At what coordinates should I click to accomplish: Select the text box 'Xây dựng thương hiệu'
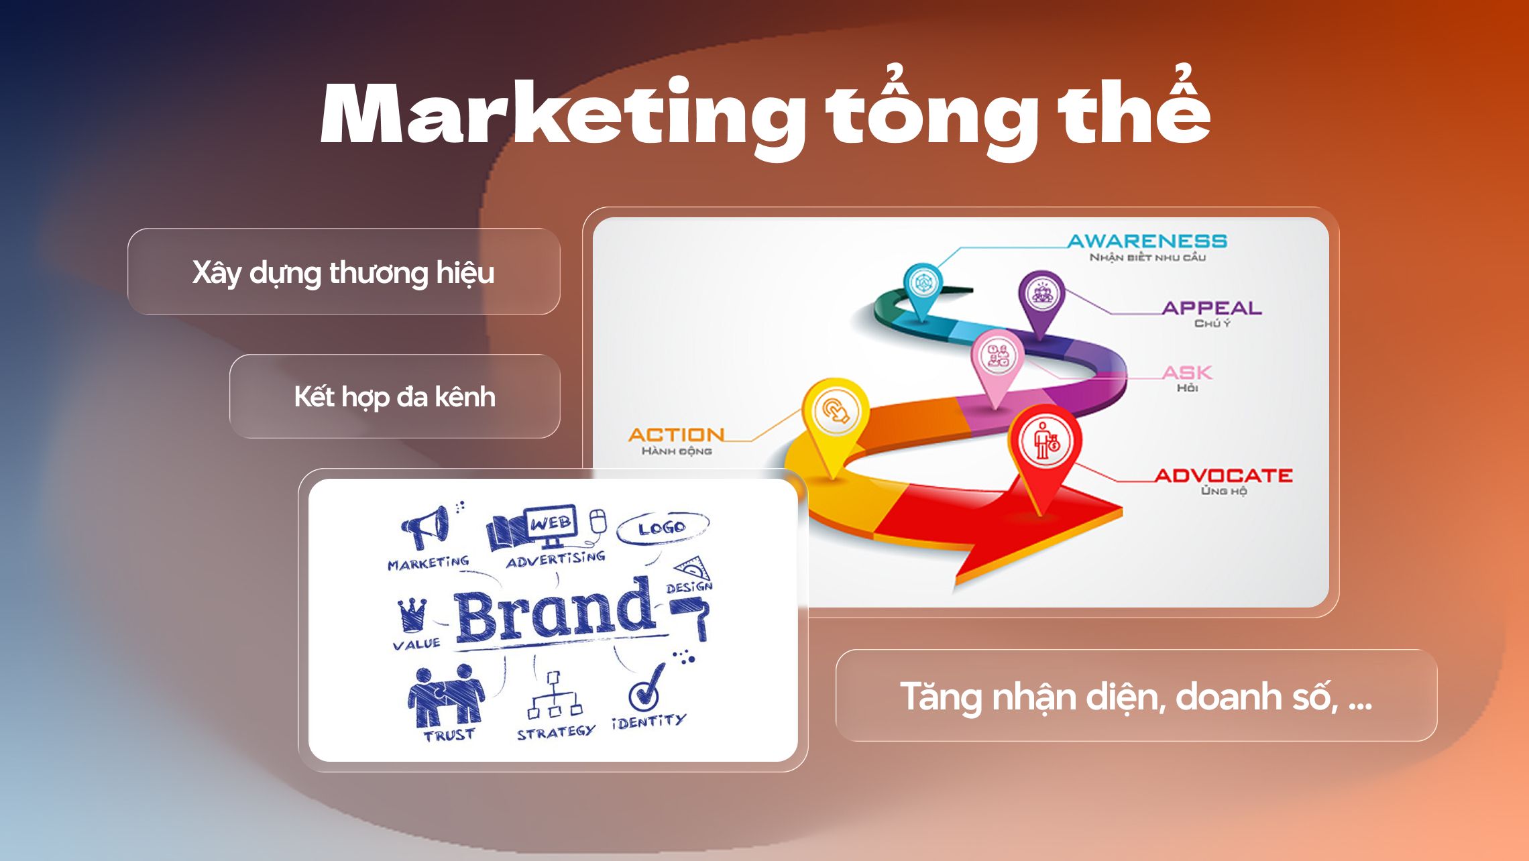[x=343, y=272]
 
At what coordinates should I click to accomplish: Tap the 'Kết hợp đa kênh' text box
[x=394, y=397]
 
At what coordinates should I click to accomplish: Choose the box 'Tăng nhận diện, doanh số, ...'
[x=1136, y=696]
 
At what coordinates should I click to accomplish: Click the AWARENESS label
[x=1147, y=241]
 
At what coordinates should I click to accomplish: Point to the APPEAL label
[x=1211, y=308]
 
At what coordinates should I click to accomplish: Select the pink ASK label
[x=1186, y=373]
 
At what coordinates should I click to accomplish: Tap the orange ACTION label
[x=676, y=435]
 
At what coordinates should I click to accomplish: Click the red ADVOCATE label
[x=1223, y=476]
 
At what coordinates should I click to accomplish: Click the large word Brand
[x=554, y=612]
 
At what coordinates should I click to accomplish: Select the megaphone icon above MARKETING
[x=427, y=527]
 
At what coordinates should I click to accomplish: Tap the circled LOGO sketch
[x=662, y=528]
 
